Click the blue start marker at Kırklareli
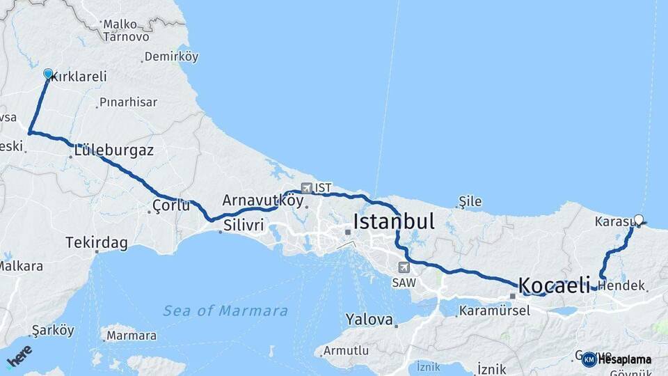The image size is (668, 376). tap(48, 74)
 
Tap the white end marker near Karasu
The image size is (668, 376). tap(638, 220)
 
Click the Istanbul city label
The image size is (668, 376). tap(394, 222)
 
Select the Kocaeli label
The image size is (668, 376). tap(555, 285)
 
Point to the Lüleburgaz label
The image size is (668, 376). tap(113, 150)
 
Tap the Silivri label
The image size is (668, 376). tap(244, 225)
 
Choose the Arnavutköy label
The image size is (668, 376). tap(263, 201)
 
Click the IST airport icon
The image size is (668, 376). tap(307, 188)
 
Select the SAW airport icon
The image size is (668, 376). tap(404, 267)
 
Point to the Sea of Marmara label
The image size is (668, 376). tap(225, 311)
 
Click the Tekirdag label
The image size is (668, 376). tap(97, 242)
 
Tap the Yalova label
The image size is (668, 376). tap(369, 320)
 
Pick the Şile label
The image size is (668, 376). tap(470, 202)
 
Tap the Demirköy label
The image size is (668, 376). tap(171, 57)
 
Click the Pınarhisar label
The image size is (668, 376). tap(128, 102)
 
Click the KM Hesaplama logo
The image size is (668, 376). tap(617, 359)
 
